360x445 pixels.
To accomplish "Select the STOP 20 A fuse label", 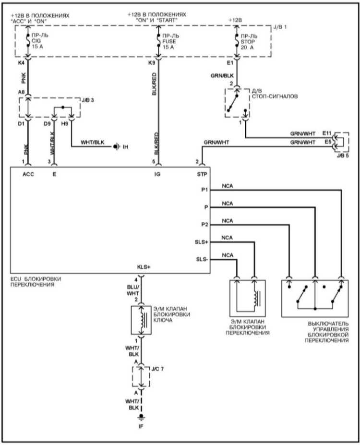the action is pos(249,42).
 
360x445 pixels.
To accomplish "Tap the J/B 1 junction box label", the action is pos(280,27).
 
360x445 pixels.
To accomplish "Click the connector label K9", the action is pos(152,63).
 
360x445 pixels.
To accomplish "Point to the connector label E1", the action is pos(230,63).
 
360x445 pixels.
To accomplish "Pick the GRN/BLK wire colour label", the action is pos(222,76).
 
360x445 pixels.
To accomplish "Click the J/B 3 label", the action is pos(88,100).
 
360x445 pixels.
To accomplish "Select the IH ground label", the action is pos(125,147).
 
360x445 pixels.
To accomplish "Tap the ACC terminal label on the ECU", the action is pos(28,174).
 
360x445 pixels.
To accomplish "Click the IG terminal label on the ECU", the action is pos(157,174).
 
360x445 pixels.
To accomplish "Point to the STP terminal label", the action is pos(202,174).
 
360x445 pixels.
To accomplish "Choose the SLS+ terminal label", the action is pos(202,242).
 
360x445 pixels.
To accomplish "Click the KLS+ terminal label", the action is pos(144,267).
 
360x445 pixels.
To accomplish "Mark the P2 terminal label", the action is pos(204,225).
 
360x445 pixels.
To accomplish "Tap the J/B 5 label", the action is pos(343,156).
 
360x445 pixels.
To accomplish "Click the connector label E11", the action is pos(327,133).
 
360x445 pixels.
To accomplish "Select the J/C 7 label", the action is pos(157,369).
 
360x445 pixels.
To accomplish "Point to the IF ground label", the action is pos(141,427).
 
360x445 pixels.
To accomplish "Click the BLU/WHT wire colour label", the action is pos(133,290).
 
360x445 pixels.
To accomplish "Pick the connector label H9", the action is pos(65,124).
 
